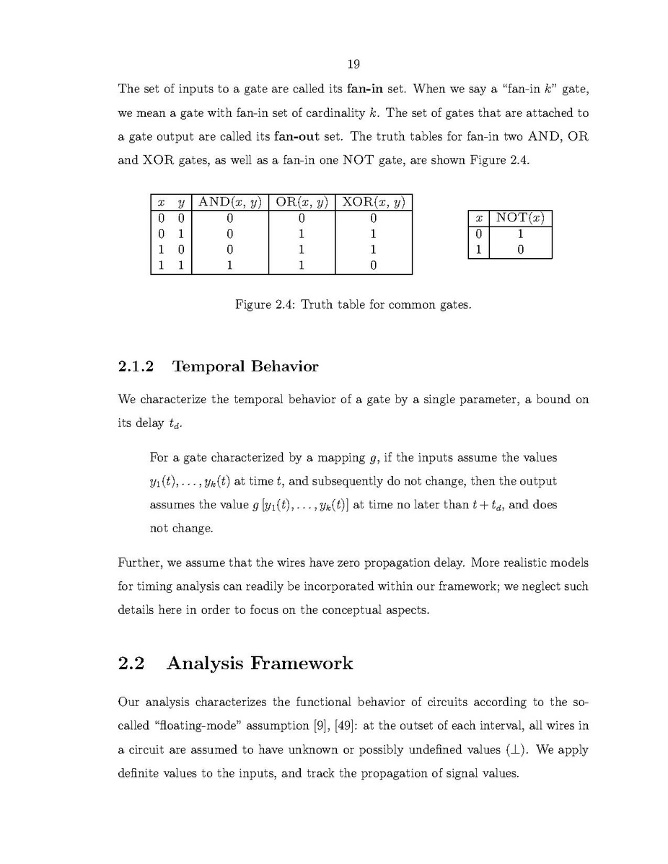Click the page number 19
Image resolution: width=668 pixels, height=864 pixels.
tap(353, 65)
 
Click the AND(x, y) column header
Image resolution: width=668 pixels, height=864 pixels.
tap(229, 202)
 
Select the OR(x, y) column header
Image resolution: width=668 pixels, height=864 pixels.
tap(302, 202)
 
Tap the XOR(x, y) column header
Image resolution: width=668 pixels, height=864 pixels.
tap(374, 202)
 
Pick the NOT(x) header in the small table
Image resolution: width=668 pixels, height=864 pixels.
tap(520, 219)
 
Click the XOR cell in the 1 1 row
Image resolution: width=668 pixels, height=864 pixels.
tap(374, 265)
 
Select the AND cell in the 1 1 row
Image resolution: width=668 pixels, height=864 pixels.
tap(229, 265)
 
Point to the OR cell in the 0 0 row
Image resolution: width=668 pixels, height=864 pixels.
tap(302, 219)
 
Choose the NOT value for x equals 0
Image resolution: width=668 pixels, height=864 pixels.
tap(520, 234)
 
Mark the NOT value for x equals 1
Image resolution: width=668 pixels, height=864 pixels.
tap(520, 250)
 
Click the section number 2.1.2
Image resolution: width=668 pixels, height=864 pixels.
tap(136, 366)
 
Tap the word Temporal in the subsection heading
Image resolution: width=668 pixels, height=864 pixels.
tap(207, 366)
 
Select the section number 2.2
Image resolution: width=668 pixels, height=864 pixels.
tap(131, 664)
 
